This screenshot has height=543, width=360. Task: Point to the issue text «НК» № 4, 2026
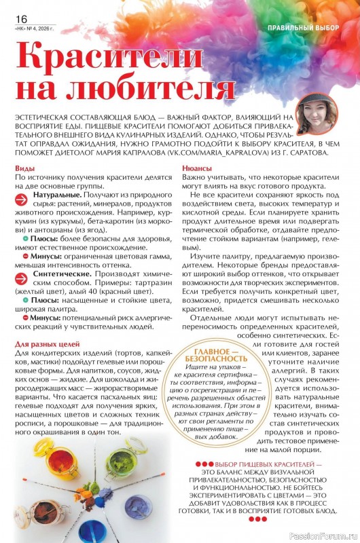tap(33, 29)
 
